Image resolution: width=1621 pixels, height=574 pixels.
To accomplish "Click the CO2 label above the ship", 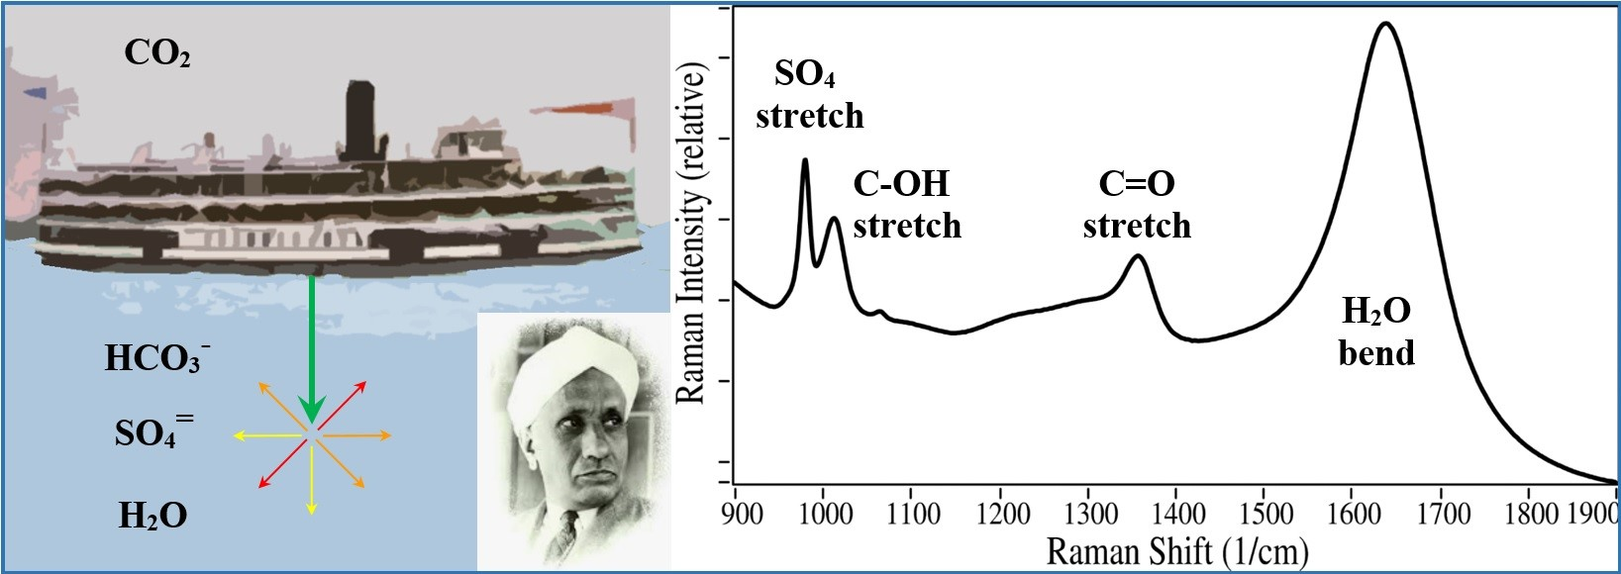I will [156, 53].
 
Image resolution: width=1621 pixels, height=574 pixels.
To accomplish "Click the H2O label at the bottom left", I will [152, 516].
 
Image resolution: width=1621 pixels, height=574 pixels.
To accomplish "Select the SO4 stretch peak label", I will [809, 95].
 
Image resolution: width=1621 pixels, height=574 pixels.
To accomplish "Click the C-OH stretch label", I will [906, 205].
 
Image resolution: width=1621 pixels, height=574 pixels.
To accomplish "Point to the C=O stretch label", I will [1136, 205].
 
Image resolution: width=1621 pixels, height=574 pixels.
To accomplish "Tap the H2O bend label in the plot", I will [1375, 333].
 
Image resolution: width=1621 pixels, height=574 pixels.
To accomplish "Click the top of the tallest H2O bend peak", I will [1384, 24].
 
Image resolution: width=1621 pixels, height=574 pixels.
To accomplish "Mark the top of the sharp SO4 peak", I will [804, 159].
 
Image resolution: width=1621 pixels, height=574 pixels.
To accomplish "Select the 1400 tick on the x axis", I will [1179, 513].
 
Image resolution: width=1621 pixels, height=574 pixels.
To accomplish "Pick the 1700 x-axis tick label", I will [1443, 513].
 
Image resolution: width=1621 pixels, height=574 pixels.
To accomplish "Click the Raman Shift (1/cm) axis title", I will [1177, 550].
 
